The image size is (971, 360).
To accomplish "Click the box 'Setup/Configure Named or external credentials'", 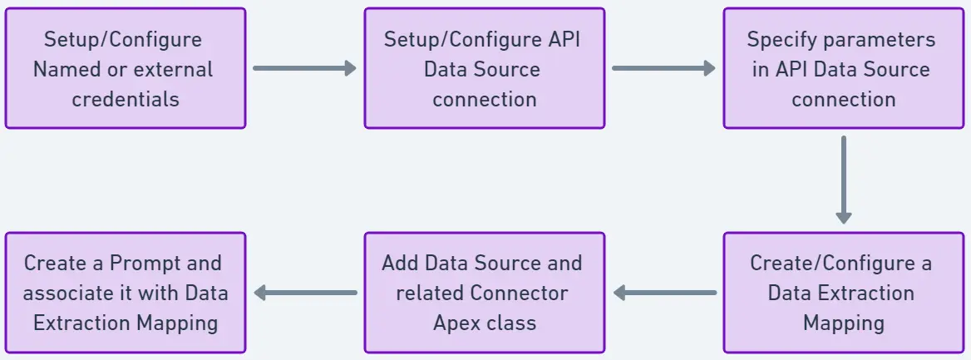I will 125,68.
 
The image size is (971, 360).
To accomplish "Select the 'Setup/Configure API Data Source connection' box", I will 484,68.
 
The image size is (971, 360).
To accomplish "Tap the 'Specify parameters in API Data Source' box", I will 843,68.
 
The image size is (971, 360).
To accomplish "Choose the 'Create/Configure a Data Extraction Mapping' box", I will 843,293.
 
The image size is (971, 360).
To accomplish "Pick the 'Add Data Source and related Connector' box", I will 484,293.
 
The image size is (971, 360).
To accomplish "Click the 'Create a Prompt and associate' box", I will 125,293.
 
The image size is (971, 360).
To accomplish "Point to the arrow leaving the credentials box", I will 304,68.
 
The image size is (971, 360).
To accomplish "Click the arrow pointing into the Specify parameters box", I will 663,68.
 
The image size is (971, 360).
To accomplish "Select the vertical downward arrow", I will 843,180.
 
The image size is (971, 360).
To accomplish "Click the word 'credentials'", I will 126,99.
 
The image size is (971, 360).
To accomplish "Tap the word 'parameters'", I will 884,40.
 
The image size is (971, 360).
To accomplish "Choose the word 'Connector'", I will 519,293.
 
